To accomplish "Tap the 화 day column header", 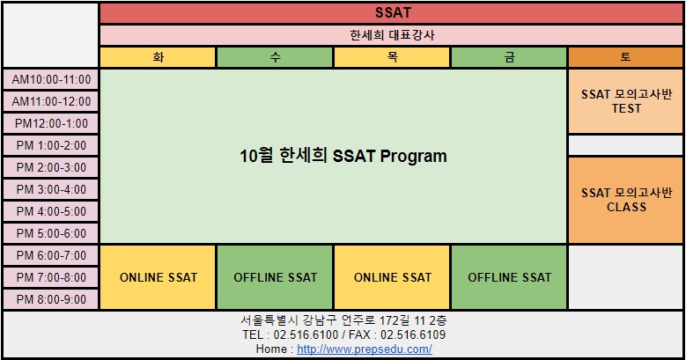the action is point(158,57).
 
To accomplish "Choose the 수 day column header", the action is point(275,57).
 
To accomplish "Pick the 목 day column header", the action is point(392,57).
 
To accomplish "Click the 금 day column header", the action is point(509,57).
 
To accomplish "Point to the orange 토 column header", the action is point(625,57).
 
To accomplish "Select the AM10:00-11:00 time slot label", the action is point(51,79).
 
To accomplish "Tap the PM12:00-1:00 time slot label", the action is point(51,123).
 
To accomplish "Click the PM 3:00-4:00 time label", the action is point(51,189).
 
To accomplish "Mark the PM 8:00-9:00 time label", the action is point(51,299).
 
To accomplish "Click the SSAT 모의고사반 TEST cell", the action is point(625,101).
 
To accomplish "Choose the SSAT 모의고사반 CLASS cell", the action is point(625,200).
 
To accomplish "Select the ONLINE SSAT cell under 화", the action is point(158,277).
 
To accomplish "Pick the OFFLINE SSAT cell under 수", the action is point(275,277).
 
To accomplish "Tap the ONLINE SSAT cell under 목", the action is point(392,277).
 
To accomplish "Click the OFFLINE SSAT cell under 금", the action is point(509,277).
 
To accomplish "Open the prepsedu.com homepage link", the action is point(365,349).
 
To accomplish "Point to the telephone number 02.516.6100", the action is point(306,335).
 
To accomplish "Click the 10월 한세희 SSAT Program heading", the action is point(343,156).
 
